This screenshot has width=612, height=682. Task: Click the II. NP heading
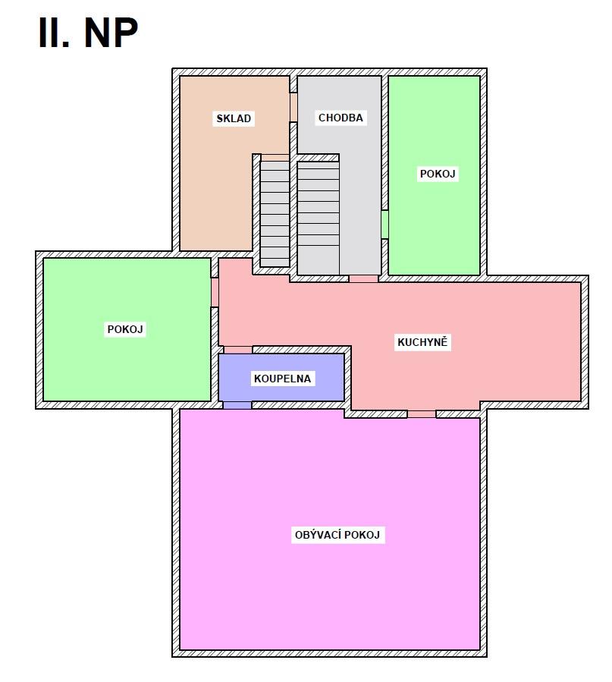coord(88,33)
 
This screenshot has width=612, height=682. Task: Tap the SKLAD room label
coord(234,118)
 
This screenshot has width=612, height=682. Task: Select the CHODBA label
coord(341,118)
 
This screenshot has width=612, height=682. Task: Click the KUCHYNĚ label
coord(422,342)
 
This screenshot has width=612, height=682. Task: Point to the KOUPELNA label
coord(282,379)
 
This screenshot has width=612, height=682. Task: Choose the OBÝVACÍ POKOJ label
coord(337,535)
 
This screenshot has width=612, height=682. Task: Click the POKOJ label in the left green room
coord(125,328)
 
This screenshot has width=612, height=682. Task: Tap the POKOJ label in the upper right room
coord(438,174)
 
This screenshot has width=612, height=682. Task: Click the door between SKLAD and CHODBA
coord(293,107)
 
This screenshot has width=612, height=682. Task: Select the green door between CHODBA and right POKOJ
coord(384,225)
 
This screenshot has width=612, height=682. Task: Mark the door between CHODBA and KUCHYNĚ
coord(363,279)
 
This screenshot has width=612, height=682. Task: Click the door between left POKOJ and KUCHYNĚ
coord(215,292)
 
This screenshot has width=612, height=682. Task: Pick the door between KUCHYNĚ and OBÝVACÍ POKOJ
coord(422,414)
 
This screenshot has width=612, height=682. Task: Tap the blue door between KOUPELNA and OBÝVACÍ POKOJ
coord(237,405)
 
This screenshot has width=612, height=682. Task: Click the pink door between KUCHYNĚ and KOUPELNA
coord(238,350)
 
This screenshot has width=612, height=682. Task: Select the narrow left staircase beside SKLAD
coord(275,214)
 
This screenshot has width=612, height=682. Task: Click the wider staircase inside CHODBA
coord(319,218)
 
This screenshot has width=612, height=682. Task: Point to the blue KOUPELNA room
coord(281,377)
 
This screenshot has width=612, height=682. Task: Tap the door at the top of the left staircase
coord(275,158)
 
